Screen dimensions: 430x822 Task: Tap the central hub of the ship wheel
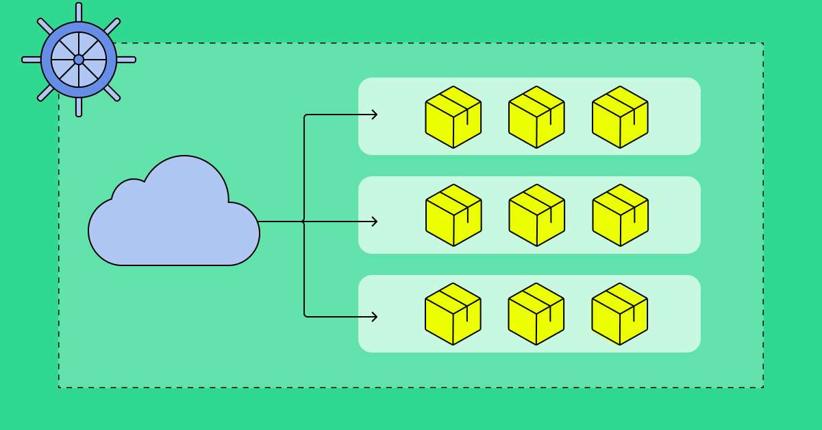coord(79,60)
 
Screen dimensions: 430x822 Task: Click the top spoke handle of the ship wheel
coord(79,12)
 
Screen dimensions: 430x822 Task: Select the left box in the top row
coord(453,117)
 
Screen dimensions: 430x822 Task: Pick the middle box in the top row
coord(536,117)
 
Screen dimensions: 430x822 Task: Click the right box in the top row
coord(620,117)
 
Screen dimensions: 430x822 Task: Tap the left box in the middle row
coord(453,215)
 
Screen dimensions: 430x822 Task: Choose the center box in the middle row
coord(537,215)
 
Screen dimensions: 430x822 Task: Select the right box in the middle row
coord(621,215)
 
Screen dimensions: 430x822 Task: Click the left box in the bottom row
coord(453,314)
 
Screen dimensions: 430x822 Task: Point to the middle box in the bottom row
coord(536,314)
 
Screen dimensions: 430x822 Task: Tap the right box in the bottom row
coord(620,314)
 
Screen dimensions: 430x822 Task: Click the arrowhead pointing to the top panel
coord(375,115)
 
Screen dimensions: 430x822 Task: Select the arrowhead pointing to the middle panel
coord(375,222)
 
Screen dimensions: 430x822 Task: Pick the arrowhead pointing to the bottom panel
coord(375,316)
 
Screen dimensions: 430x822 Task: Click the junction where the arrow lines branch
coord(304,222)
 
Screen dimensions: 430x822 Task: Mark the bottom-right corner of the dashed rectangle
coord(763,387)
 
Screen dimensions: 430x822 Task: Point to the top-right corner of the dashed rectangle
coord(763,43)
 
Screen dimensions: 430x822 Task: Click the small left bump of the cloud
coord(129,192)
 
